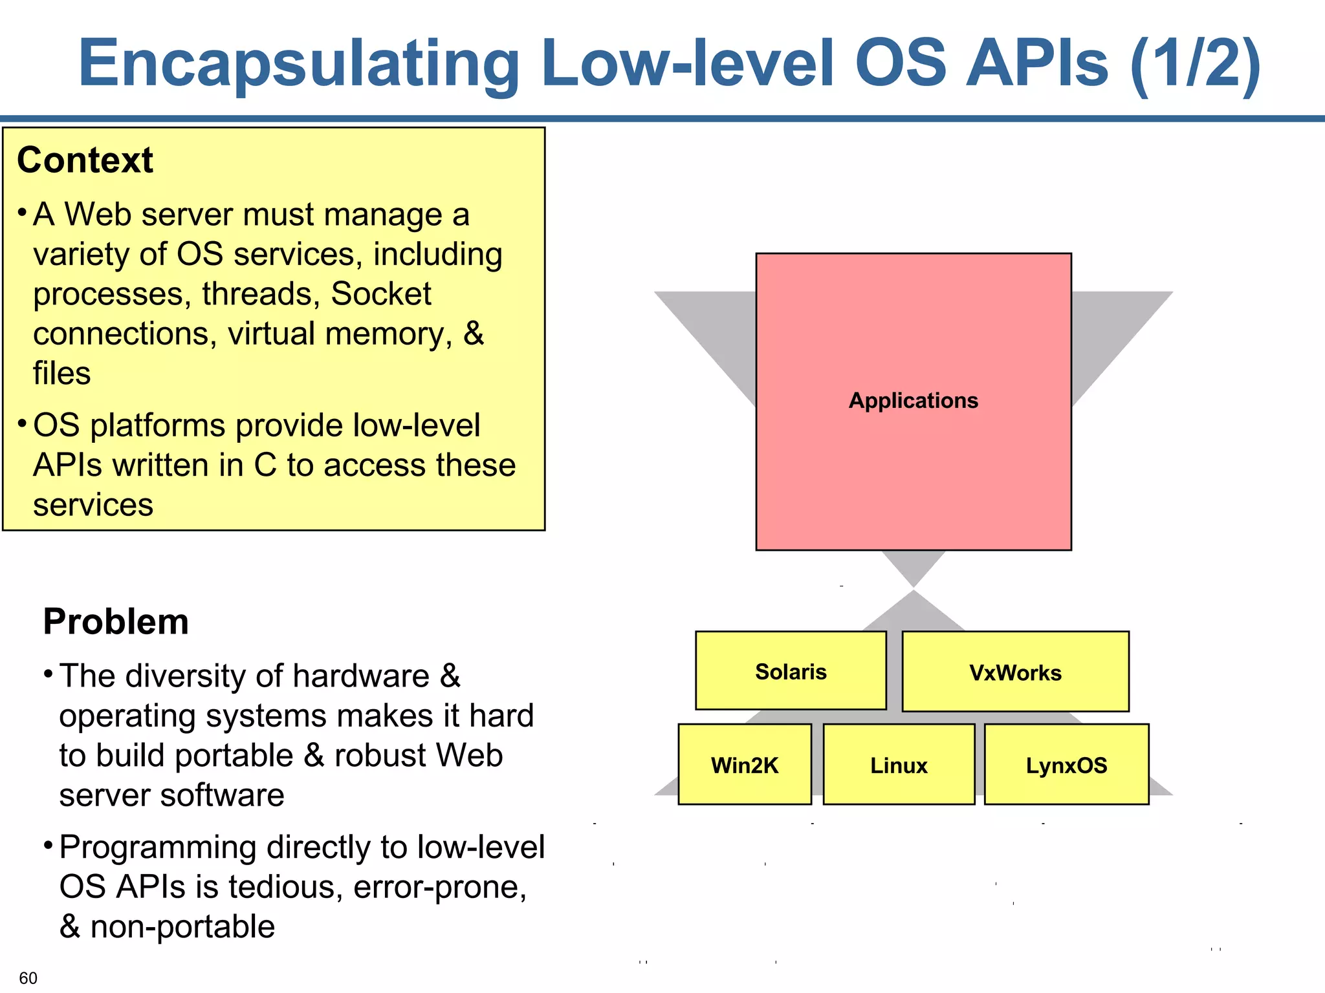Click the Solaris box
tap(790, 671)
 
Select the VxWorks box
tap(1014, 672)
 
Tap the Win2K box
tap(744, 765)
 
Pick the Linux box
tap(898, 765)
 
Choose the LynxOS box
tap(1066, 765)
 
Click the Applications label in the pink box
tap(913, 400)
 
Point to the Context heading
tap(85, 160)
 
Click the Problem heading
tap(116, 621)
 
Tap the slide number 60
tap(28, 977)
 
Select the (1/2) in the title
tap(1195, 63)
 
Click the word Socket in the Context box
tap(380, 294)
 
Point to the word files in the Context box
tap(61, 374)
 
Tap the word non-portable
tap(182, 927)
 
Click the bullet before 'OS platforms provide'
tap(22, 424)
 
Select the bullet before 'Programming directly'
tap(48, 846)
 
